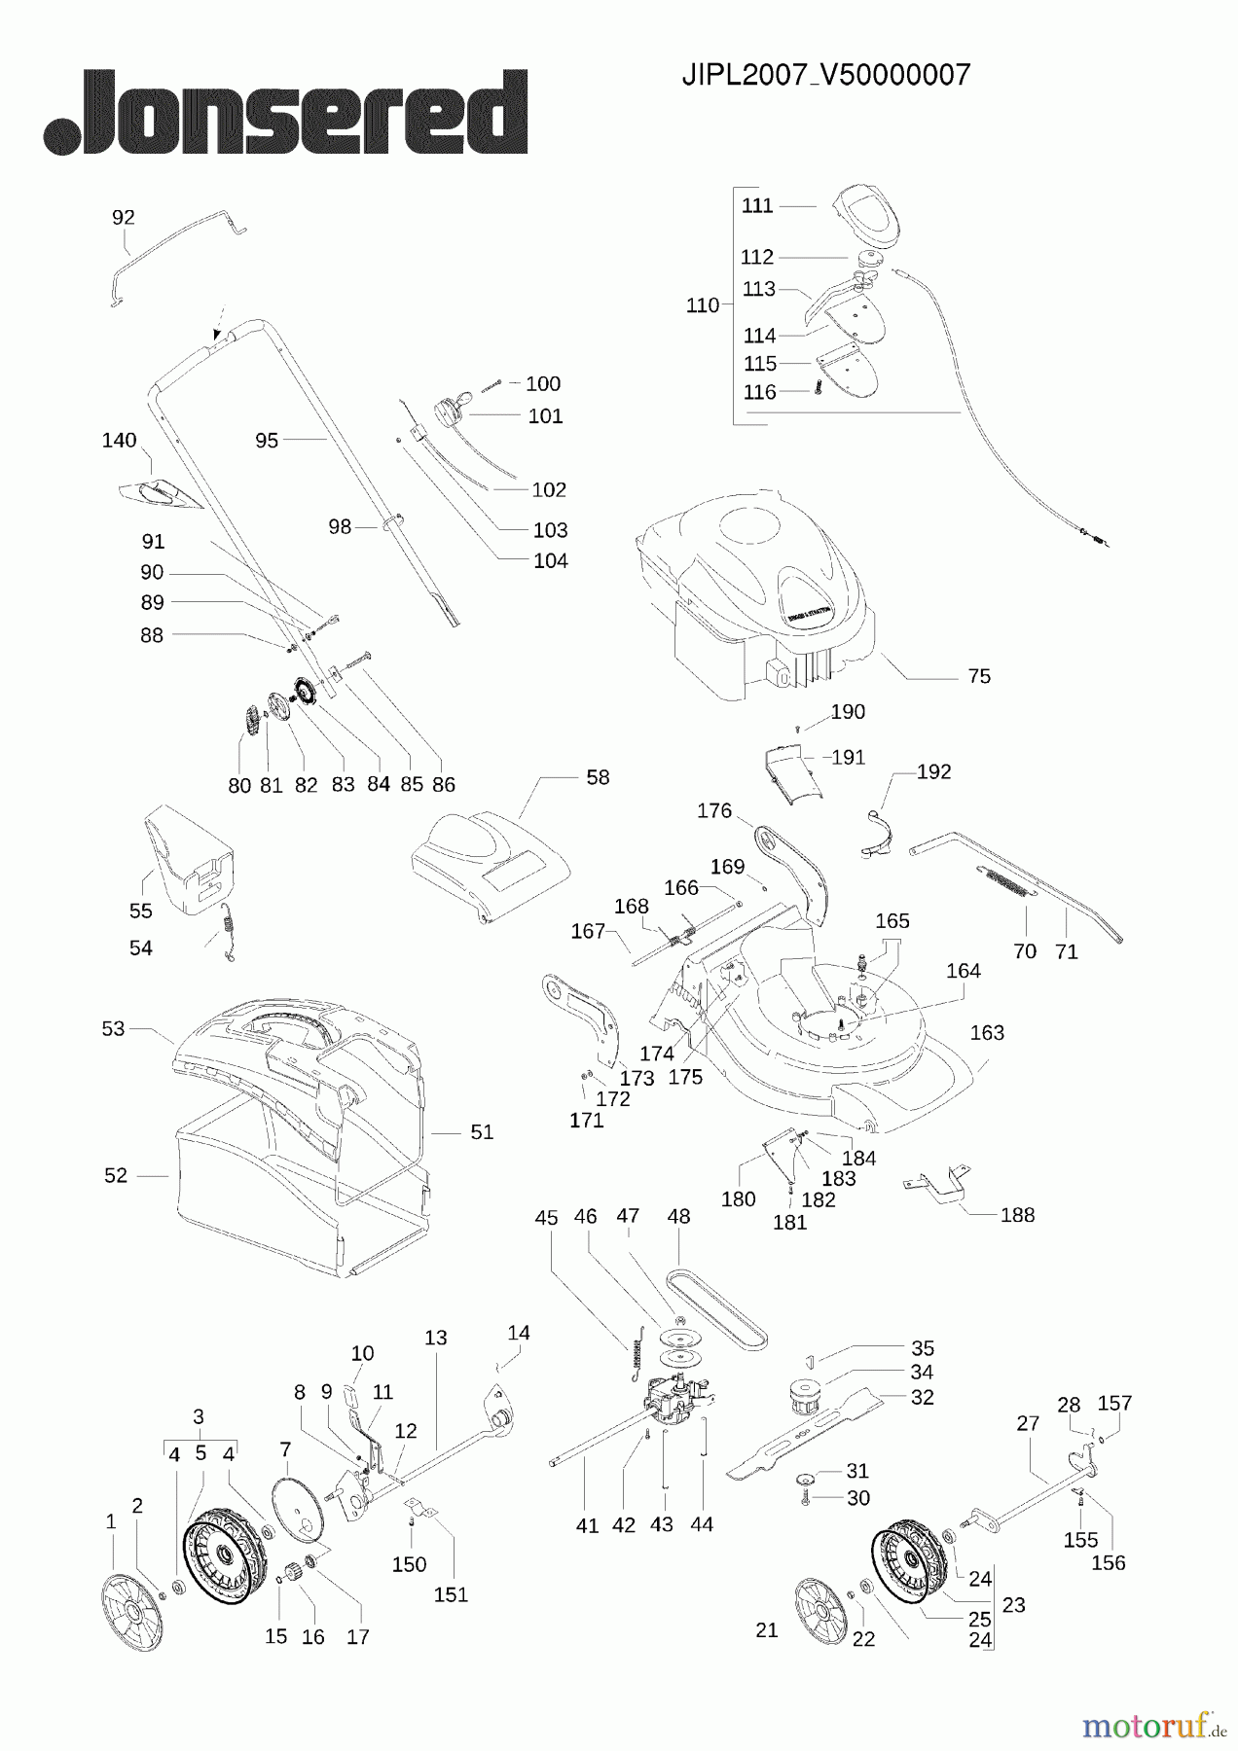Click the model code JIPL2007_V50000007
tap(826, 76)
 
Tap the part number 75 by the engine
tap(979, 676)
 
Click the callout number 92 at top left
tap(124, 217)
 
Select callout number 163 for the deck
tap(987, 1032)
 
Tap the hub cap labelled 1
tap(131, 1600)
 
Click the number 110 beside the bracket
tap(702, 305)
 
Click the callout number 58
tap(598, 777)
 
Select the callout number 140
tap(119, 441)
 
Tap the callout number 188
tap(1017, 1214)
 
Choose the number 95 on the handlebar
tap(267, 441)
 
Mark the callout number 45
tap(546, 1218)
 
